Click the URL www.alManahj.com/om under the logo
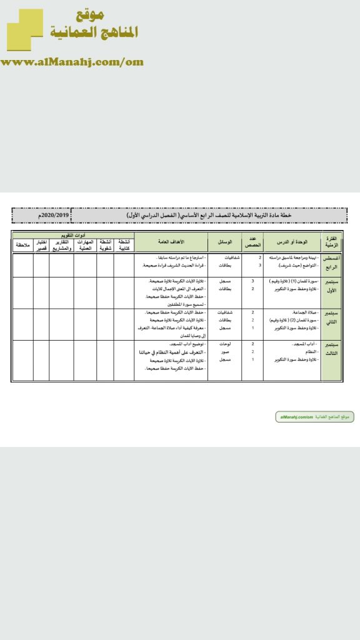(x=72, y=61)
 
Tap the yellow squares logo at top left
(x=25, y=30)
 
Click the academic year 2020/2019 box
(x=41, y=215)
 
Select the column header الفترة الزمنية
(x=331, y=241)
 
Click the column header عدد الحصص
(x=252, y=241)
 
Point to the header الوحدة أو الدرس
(x=291, y=241)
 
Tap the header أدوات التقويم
(x=73, y=234)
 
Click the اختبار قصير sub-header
(x=41, y=244)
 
